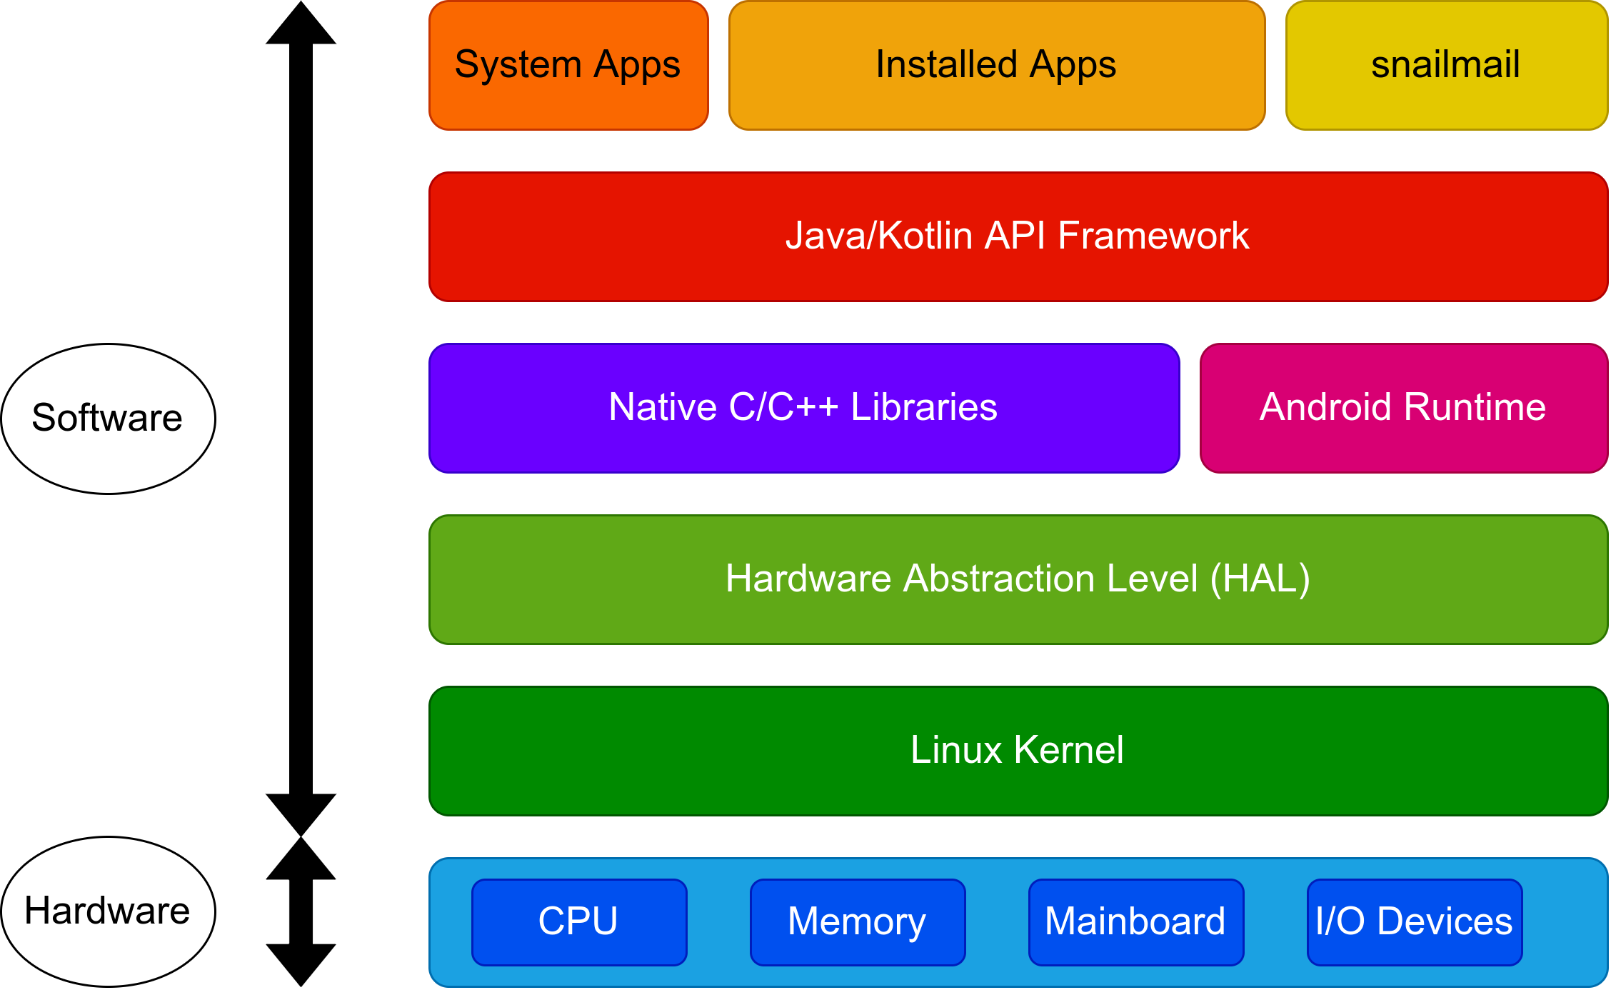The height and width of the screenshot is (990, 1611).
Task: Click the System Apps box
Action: tap(568, 66)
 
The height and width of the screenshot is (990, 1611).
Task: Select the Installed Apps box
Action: tap(997, 66)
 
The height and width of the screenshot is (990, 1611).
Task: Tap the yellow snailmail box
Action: tap(1446, 66)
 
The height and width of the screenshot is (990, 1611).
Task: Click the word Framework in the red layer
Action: tap(1153, 236)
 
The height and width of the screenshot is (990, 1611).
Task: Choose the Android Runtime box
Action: tap(1403, 408)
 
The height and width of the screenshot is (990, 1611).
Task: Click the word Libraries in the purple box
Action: tap(924, 408)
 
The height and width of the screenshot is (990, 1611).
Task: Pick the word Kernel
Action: tap(1069, 750)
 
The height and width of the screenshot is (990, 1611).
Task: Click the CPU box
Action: tap(579, 921)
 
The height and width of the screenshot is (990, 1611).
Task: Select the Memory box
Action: tap(857, 921)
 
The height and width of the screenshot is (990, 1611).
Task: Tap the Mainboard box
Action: tap(1135, 921)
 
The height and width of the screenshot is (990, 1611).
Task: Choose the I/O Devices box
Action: tap(1414, 921)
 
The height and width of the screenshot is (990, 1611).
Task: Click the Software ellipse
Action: tap(108, 419)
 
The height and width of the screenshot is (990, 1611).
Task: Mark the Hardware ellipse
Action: tap(108, 911)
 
